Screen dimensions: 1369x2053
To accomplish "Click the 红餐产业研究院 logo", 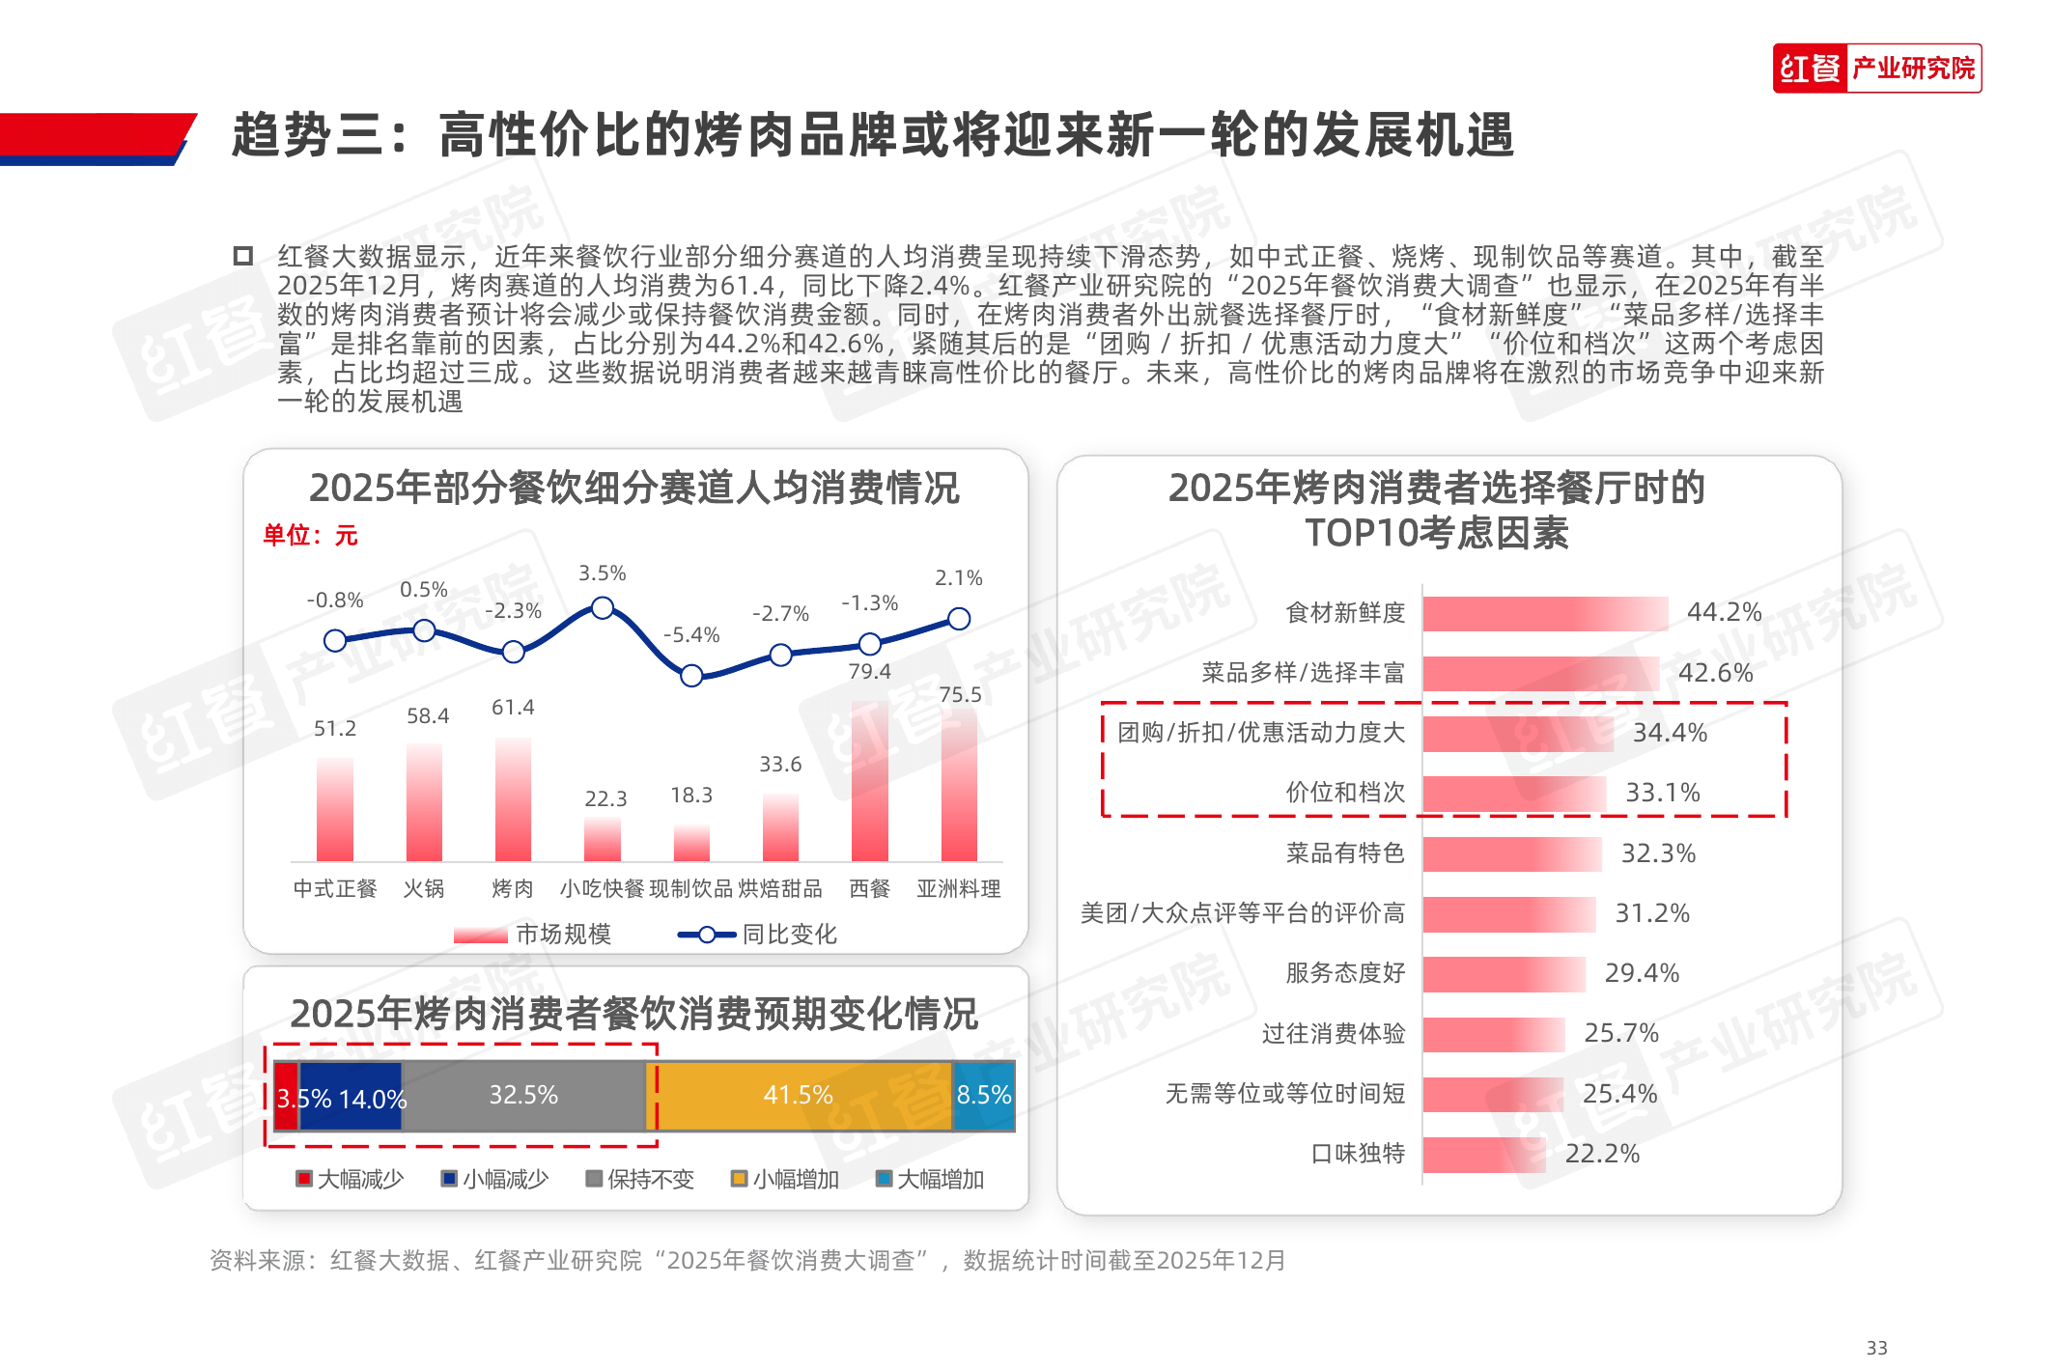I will [1876, 69].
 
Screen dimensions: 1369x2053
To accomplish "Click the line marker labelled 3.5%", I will [602, 608].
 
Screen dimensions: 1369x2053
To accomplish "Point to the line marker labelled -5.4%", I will [691, 676].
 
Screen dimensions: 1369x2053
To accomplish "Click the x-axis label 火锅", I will [424, 888].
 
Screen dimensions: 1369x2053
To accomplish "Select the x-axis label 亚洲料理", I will [958, 888].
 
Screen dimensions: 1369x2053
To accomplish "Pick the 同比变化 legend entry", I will [757, 935].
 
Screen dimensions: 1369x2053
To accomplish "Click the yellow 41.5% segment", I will [799, 1096].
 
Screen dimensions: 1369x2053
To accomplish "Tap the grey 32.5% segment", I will [523, 1096].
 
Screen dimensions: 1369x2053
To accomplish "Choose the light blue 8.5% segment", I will [984, 1096].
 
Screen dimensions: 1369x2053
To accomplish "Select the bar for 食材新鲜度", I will [1545, 613].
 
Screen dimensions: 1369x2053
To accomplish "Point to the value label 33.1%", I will [1663, 793].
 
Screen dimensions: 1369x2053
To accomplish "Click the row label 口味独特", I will [1358, 1154].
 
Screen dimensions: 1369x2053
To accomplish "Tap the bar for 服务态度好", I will [1504, 974].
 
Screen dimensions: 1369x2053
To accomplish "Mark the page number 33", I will [1876, 1348].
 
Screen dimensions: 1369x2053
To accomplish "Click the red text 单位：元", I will [310, 536].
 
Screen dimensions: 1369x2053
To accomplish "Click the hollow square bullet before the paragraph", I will [243, 256].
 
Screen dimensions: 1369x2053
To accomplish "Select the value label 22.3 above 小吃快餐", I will [605, 799].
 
